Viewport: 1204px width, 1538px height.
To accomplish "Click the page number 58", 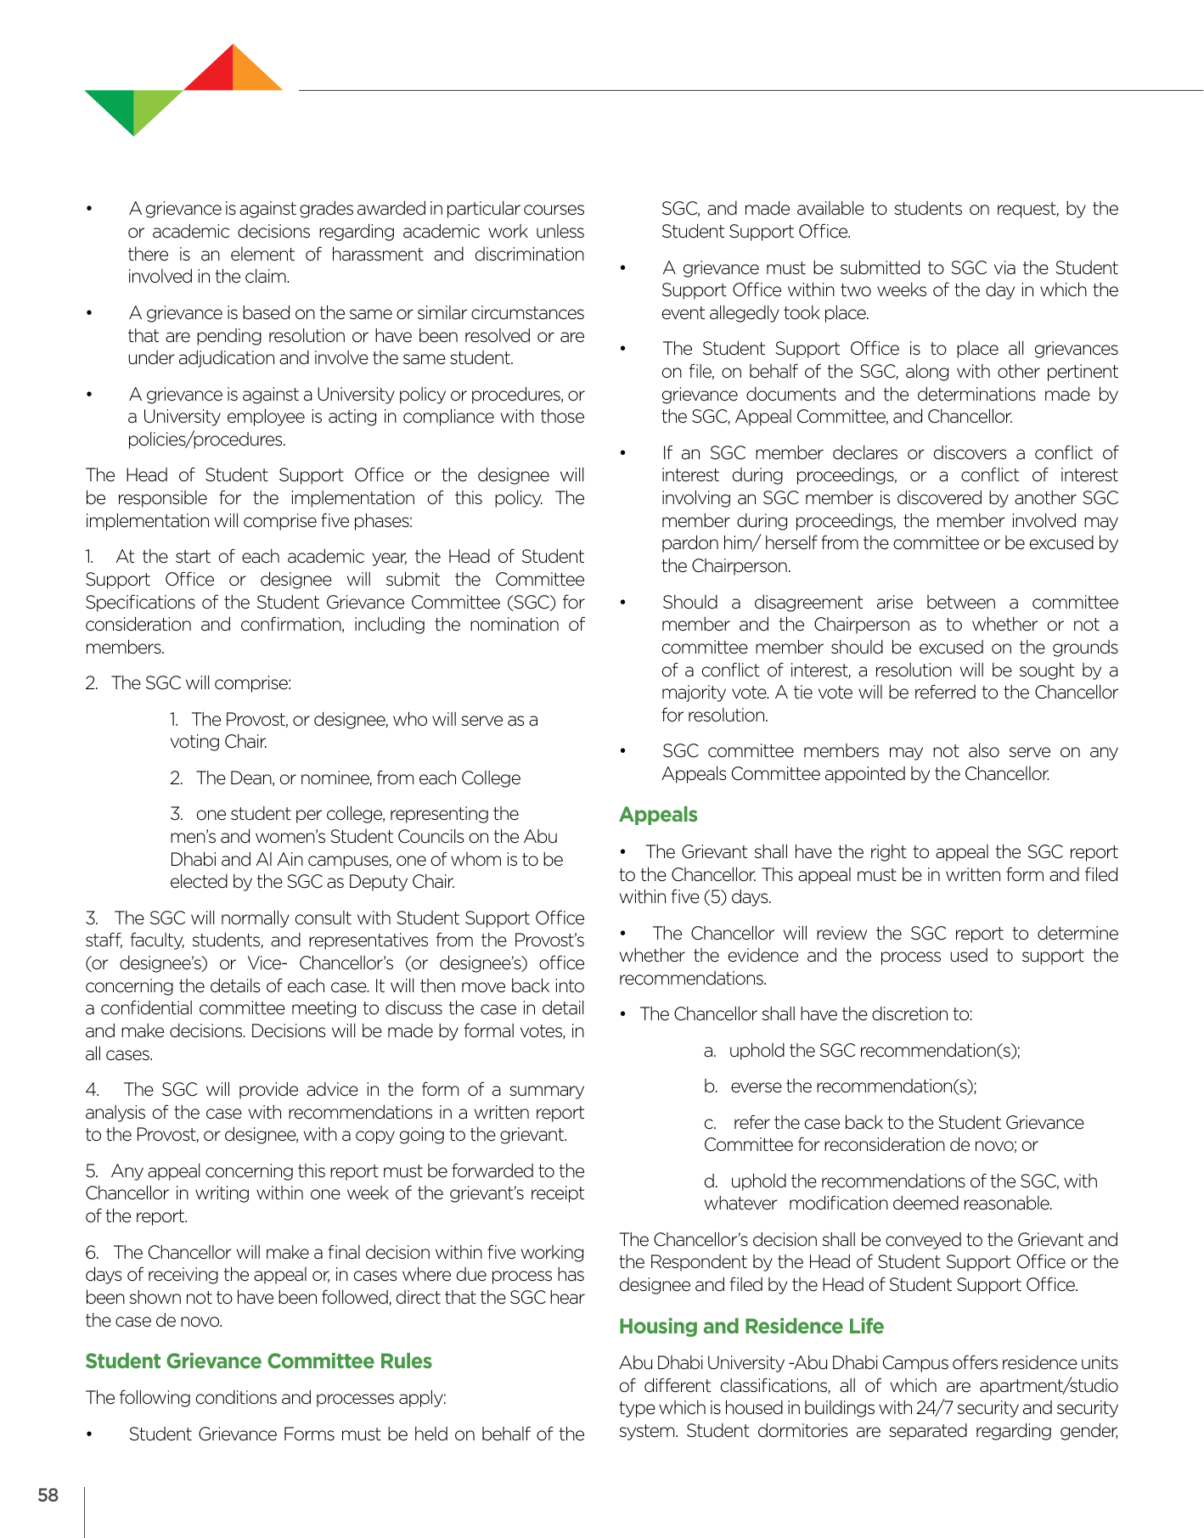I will [x=48, y=1495].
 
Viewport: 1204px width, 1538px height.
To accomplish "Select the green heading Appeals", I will [x=658, y=815].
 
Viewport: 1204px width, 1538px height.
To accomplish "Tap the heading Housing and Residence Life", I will [x=751, y=1327].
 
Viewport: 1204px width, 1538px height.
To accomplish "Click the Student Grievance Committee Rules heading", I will [x=258, y=1361].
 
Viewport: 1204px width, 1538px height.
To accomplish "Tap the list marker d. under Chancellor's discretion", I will [x=711, y=1182].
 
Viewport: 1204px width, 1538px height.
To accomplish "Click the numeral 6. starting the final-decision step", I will [x=93, y=1253].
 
